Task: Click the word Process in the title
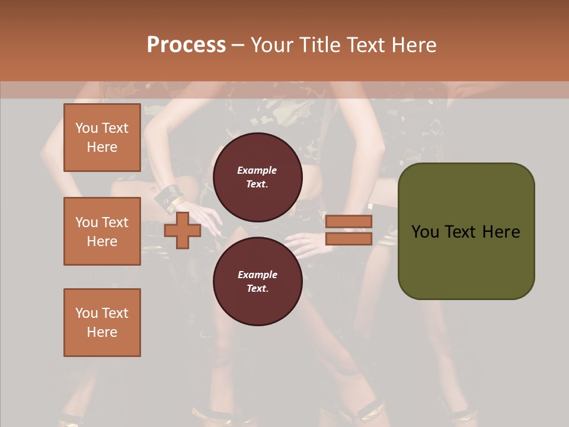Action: (186, 45)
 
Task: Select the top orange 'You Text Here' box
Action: (102, 138)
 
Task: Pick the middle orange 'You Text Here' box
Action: (102, 231)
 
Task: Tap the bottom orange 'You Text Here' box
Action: (102, 323)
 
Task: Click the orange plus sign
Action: (182, 230)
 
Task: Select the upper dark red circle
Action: (257, 177)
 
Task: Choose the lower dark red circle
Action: (257, 281)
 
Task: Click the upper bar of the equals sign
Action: (349, 221)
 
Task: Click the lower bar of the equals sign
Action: (349, 238)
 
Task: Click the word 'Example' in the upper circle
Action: (257, 170)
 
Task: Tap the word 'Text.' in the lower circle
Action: (257, 288)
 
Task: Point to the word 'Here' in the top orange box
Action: (102, 147)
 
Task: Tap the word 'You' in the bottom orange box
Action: (87, 313)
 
